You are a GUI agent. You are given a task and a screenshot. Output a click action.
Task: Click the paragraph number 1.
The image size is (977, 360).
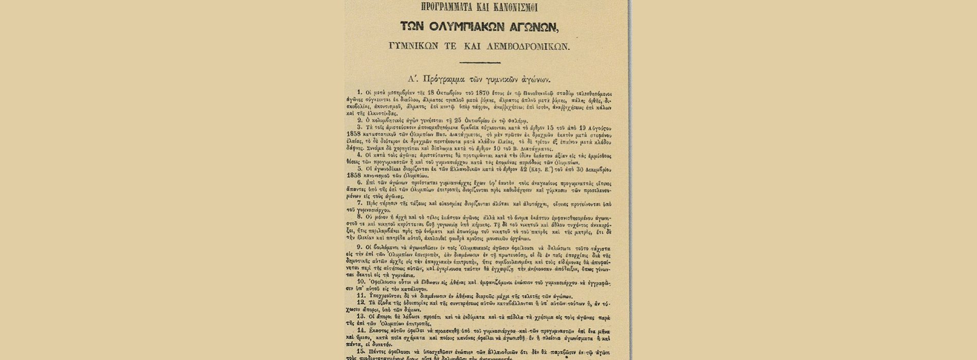360,94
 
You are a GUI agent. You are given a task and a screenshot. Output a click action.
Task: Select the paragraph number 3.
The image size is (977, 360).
359,127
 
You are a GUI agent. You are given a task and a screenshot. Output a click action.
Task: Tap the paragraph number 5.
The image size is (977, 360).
359,168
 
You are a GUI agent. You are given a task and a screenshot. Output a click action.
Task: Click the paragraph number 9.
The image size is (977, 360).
359,247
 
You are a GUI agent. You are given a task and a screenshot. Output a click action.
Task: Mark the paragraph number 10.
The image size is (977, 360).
361,282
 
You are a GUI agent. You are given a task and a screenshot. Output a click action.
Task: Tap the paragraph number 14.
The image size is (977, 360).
361,330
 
